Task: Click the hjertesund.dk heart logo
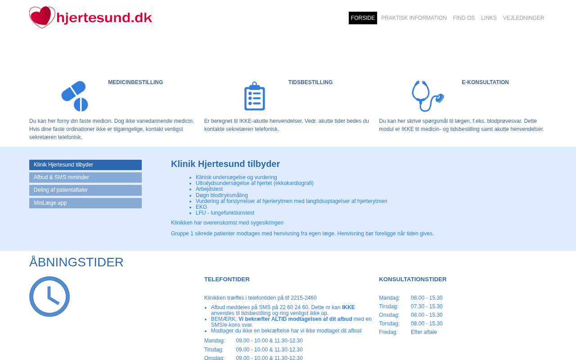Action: click(x=90, y=18)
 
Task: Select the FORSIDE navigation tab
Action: click(x=363, y=18)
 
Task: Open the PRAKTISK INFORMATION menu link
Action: click(x=414, y=18)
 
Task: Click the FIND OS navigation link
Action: click(x=463, y=18)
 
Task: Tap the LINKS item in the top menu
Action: click(x=489, y=18)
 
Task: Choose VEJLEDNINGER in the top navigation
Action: click(x=523, y=18)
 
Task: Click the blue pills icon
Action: click(x=75, y=96)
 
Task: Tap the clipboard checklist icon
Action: click(x=255, y=96)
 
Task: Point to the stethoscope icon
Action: click(x=427, y=96)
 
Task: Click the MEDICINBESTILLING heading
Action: click(x=135, y=82)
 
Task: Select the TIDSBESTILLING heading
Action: click(x=310, y=82)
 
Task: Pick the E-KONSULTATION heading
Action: click(x=485, y=82)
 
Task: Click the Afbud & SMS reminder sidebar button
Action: click(x=85, y=177)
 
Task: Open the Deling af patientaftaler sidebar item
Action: click(x=85, y=190)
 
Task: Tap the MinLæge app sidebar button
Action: click(x=85, y=203)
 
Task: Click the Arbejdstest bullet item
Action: click(x=209, y=189)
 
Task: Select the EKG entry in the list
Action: click(x=202, y=207)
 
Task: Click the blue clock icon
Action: click(x=49, y=297)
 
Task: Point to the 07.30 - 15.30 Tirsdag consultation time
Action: click(x=427, y=306)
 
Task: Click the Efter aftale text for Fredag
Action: click(x=424, y=332)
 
